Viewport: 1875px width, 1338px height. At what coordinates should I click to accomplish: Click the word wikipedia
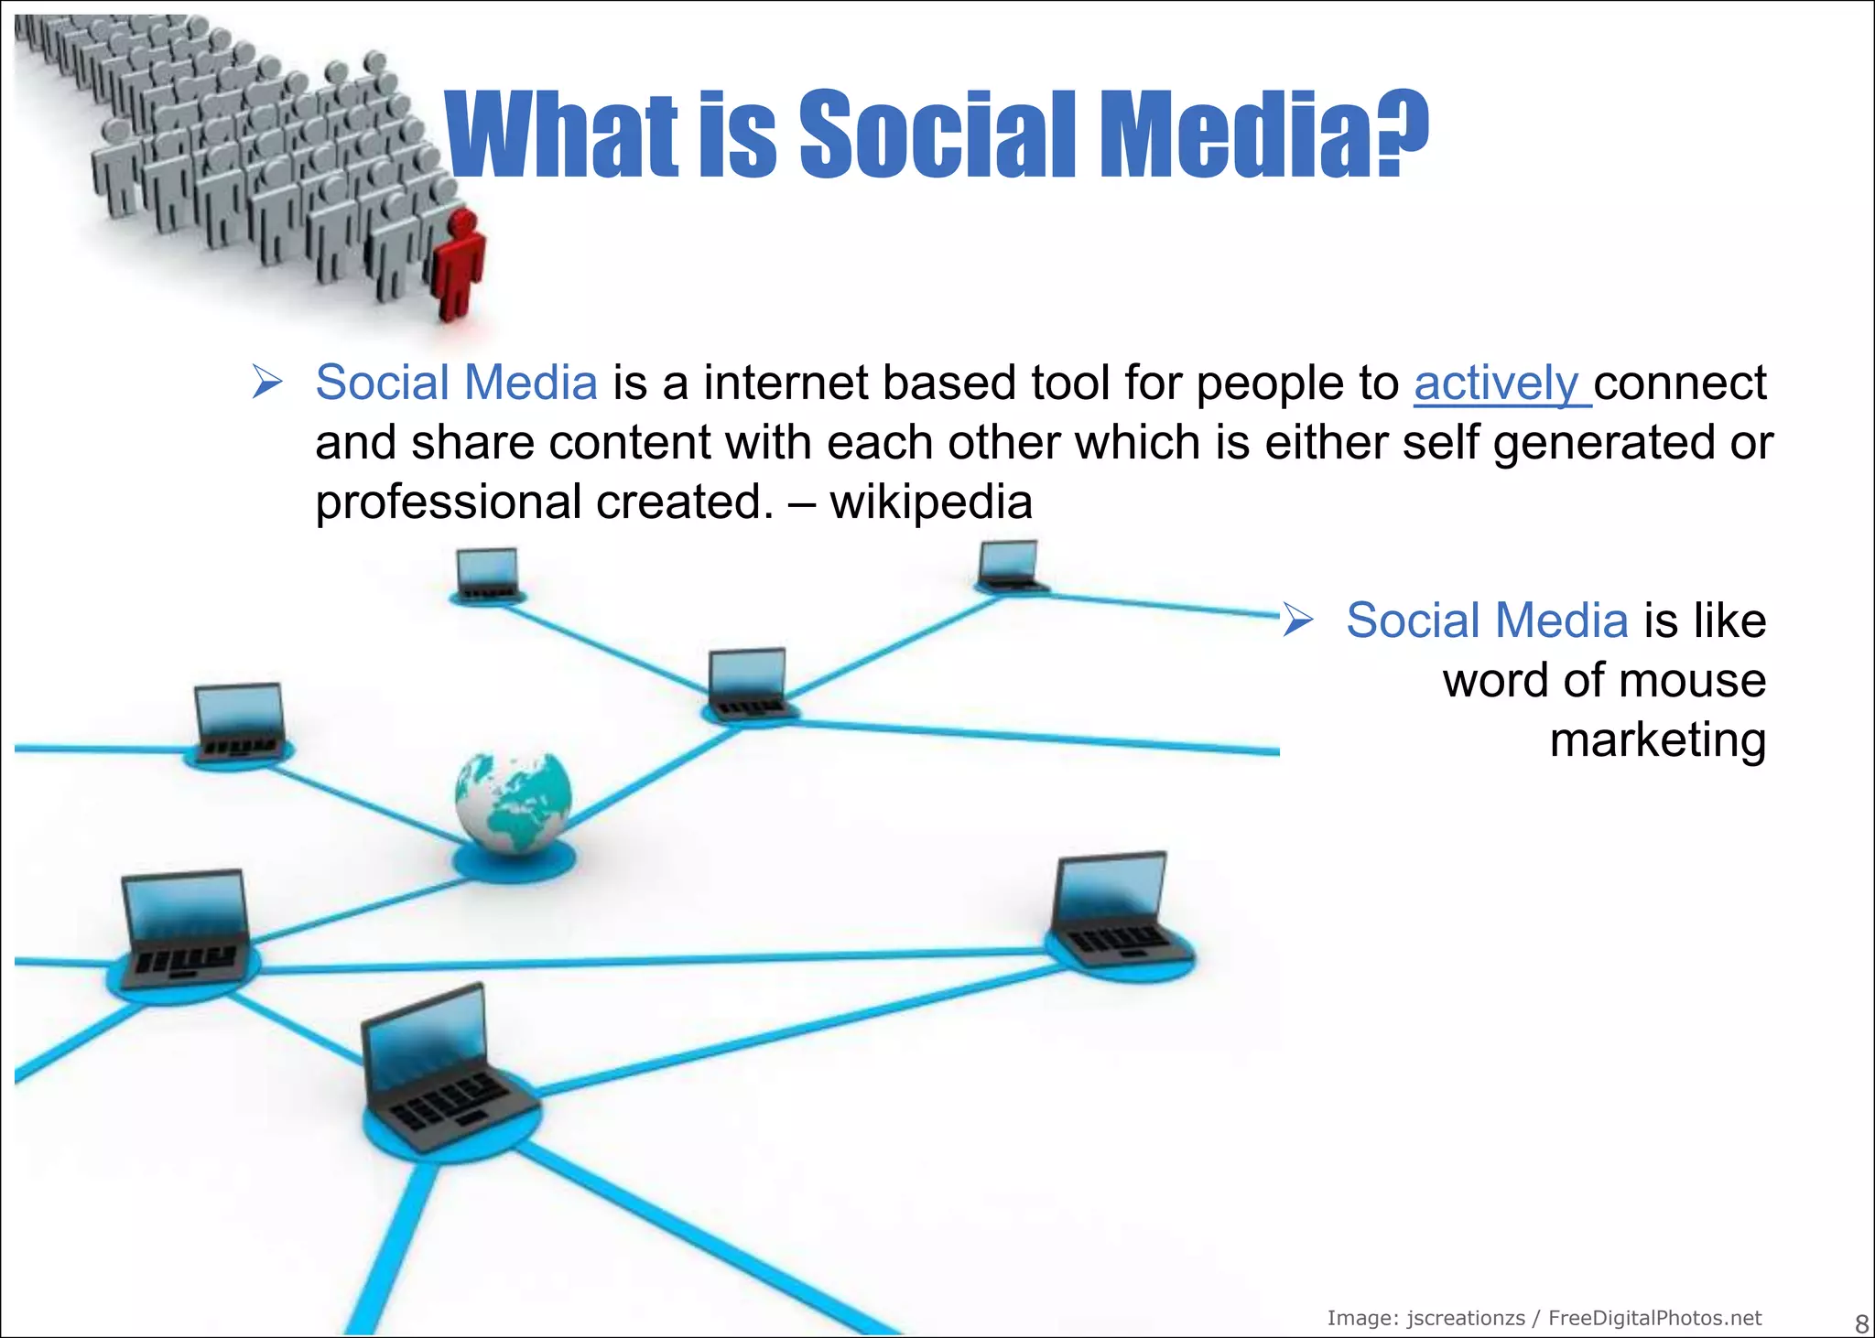[931, 502]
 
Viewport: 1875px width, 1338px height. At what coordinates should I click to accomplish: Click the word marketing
[1657, 739]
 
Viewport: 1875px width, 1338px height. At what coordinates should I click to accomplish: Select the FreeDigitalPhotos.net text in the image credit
[1654, 1318]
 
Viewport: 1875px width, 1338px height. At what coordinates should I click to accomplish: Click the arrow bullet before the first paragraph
[267, 382]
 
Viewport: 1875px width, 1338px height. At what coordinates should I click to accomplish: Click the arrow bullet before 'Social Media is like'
[1297, 620]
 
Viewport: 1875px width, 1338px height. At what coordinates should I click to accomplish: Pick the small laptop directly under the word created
[488, 574]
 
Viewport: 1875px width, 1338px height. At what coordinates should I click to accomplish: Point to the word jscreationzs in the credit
[1466, 1318]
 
